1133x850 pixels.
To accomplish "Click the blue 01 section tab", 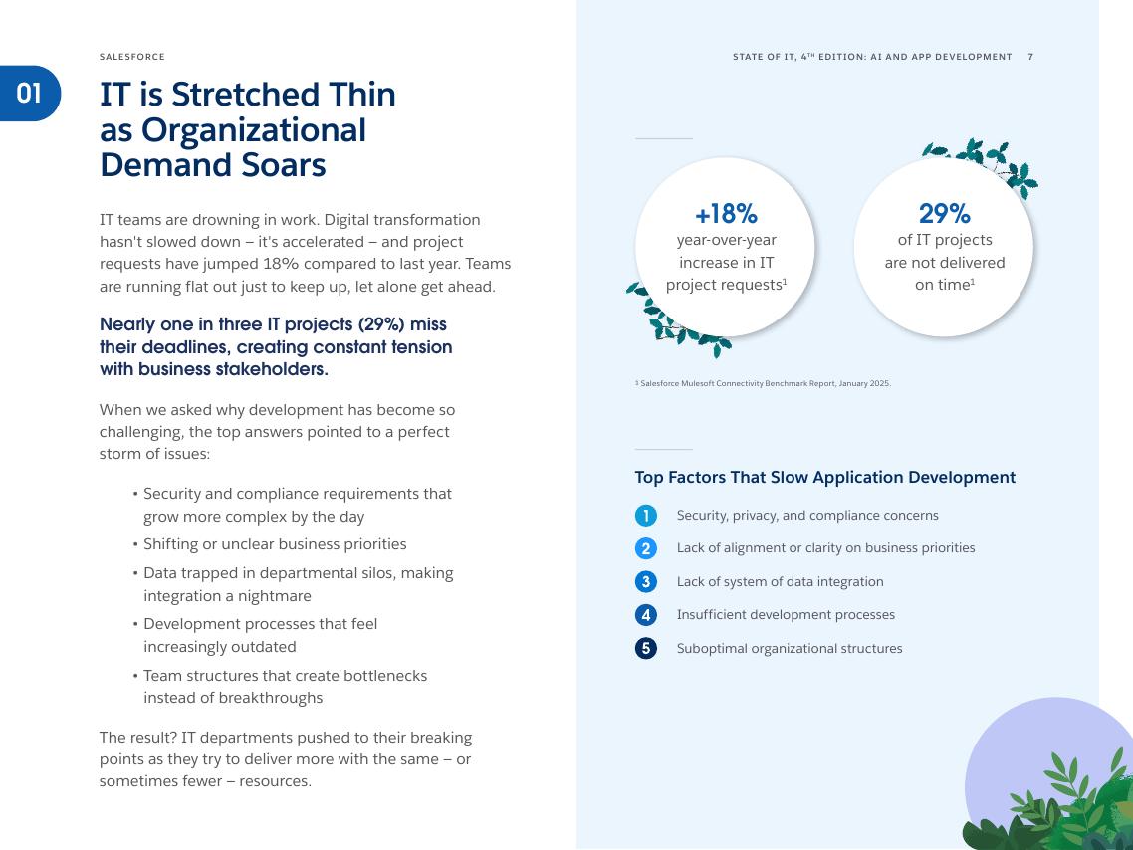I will pyautogui.click(x=30, y=94).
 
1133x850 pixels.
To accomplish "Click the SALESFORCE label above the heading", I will pyautogui.click(x=132, y=57).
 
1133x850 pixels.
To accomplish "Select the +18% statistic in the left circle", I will pyautogui.click(x=726, y=214).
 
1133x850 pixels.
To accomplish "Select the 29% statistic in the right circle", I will pyautogui.click(x=944, y=214).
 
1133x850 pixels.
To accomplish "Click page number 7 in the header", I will pyautogui.click(x=1030, y=57).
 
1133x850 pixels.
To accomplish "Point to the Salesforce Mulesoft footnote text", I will pyautogui.click(x=763, y=383).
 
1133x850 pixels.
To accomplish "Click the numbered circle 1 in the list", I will pyautogui.click(x=645, y=516).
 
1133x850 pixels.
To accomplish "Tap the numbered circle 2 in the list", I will pyautogui.click(x=645, y=548).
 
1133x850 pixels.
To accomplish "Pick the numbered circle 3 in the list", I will pyautogui.click(x=645, y=582).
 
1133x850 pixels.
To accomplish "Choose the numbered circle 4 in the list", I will pyautogui.click(x=645, y=615).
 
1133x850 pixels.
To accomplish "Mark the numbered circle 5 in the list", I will pyautogui.click(x=645, y=649).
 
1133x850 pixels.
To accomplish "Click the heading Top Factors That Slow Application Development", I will pyautogui.click(x=824, y=478).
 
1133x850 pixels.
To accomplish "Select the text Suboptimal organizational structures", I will pyautogui.click(x=789, y=649).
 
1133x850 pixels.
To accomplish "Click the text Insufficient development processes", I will pyautogui.click(x=786, y=615).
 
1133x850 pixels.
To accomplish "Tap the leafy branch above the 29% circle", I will pyautogui.click(x=986, y=162).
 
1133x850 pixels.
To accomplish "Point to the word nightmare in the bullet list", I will pyautogui.click(x=272, y=596).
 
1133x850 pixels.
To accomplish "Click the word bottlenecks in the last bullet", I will pyautogui.click(x=383, y=676).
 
